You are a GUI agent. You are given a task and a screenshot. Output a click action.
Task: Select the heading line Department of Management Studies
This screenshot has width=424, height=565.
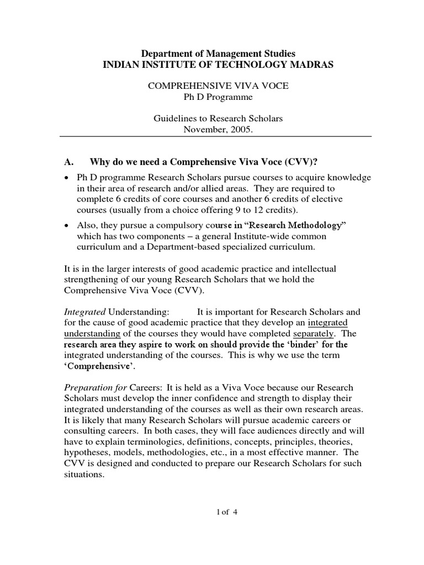coord(219,54)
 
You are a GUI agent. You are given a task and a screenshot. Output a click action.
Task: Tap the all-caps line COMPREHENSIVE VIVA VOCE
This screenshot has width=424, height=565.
coord(219,87)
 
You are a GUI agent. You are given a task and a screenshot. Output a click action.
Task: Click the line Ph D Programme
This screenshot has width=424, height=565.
coord(219,98)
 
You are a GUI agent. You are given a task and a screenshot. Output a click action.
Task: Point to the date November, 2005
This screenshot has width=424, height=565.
coord(219,130)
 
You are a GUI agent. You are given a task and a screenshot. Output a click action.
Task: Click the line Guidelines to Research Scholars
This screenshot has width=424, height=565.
coord(219,119)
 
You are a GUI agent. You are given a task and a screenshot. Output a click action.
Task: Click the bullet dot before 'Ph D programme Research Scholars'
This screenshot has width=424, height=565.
coord(67,178)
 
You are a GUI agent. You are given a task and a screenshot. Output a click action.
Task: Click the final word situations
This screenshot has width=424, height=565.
coord(84,474)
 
